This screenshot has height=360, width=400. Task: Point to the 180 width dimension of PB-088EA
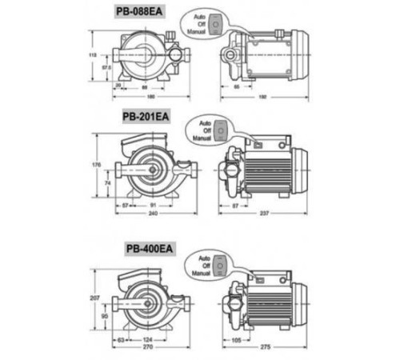(x=143, y=97)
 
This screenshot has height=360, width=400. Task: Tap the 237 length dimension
(x=262, y=214)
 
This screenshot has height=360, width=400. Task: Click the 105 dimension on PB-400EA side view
(x=237, y=340)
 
